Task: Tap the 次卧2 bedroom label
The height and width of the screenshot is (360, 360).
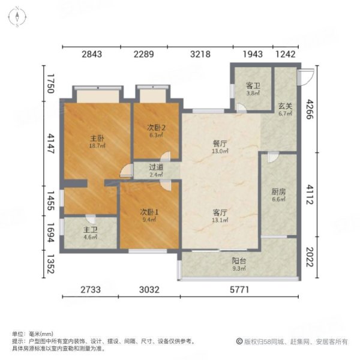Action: pyautogui.click(x=155, y=127)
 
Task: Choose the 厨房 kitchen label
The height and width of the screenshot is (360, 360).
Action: pyautogui.click(x=278, y=192)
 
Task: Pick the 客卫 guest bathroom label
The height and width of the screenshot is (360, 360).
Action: pyautogui.click(x=253, y=85)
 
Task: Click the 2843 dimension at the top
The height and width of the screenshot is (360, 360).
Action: pyautogui.click(x=92, y=55)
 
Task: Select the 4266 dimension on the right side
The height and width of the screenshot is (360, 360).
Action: pyautogui.click(x=310, y=111)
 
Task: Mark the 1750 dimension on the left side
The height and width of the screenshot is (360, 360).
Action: pyautogui.click(x=51, y=83)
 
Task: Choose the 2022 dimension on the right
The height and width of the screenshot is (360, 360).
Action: pyautogui.click(x=310, y=258)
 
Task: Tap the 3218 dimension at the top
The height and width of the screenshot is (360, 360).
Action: pyautogui.click(x=200, y=55)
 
